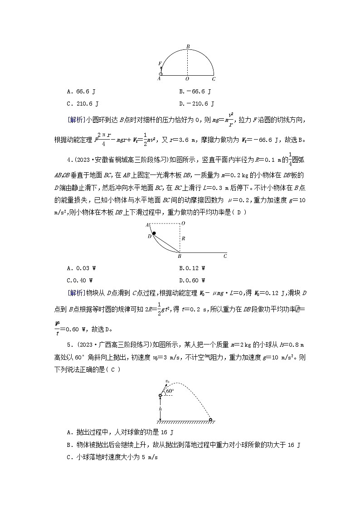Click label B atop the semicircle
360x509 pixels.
coord(188,46)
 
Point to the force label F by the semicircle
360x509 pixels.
coord(159,64)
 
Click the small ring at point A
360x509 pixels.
coord(161,74)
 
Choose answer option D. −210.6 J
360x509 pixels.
coord(197,104)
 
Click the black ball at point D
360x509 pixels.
coord(154,233)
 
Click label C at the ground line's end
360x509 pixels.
coord(225,257)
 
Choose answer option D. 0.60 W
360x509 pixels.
coord(192,280)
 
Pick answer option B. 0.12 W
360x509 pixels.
coord(192,268)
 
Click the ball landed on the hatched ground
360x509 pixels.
coord(210,419)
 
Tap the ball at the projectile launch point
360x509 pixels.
coord(160,396)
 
